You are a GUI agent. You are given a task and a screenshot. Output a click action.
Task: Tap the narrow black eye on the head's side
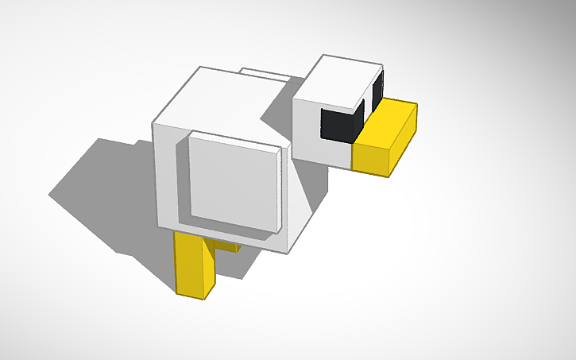pyautogui.click(x=377, y=91)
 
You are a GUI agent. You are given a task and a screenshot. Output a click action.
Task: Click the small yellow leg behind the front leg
pyautogui.click(x=230, y=246)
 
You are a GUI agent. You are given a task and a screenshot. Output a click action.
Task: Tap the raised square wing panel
pyautogui.click(x=234, y=180)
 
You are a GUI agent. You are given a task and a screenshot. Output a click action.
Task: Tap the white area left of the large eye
pyautogui.click(x=306, y=127)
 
